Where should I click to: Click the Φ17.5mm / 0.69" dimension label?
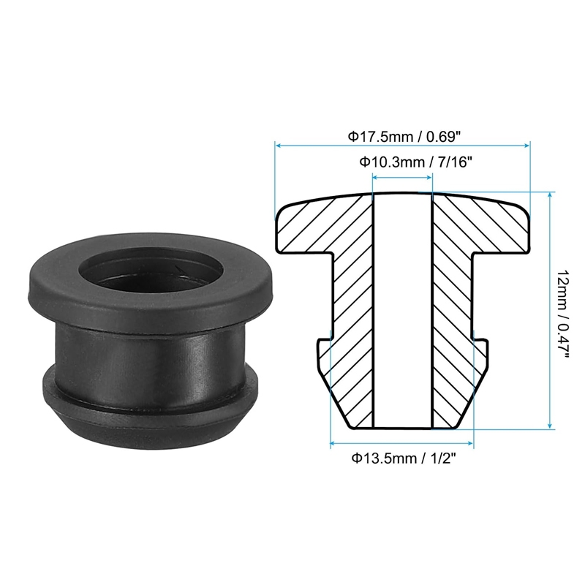pyautogui.click(x=402, y=137)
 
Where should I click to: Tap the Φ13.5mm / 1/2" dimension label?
pyautogui.click(x=404, y=458)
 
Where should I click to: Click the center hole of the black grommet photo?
pyautogui.click(x=151, y=273)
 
